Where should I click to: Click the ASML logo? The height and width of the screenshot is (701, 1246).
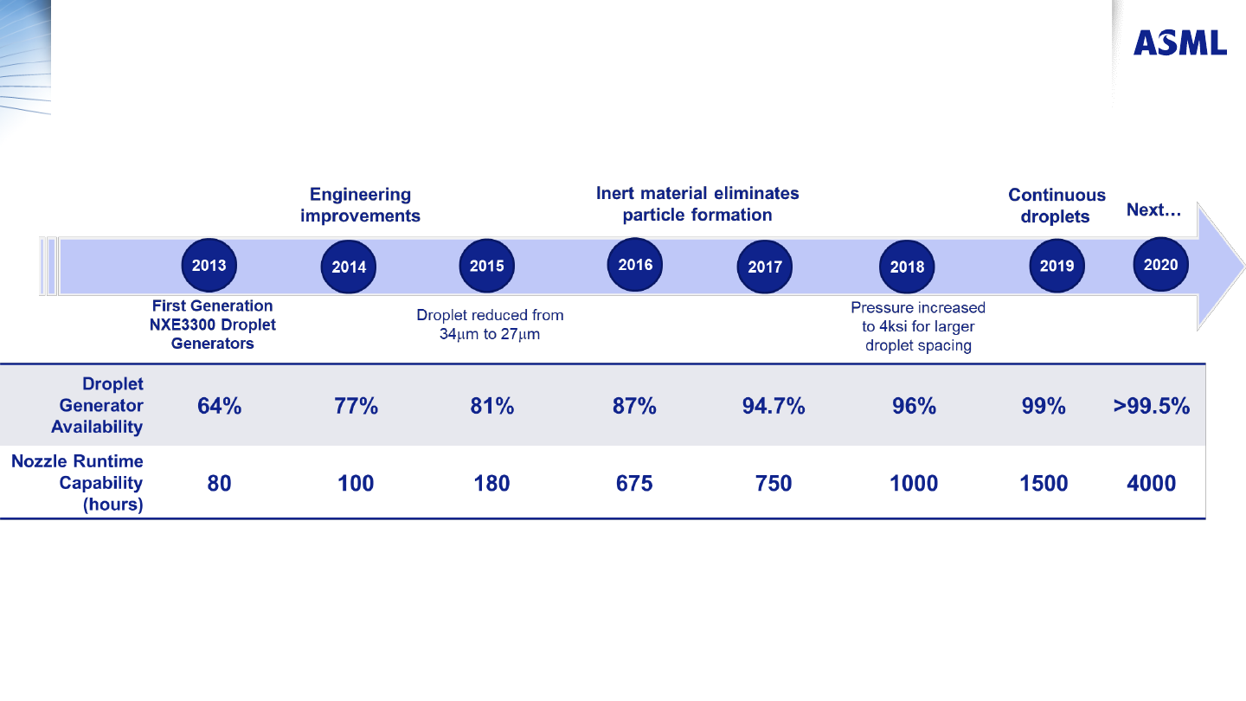(1180, 43)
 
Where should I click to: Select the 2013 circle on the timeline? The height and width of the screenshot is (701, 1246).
(209, 266)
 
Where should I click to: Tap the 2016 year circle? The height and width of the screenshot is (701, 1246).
(635, 265)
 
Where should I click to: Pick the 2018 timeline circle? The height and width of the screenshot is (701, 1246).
(907, 267)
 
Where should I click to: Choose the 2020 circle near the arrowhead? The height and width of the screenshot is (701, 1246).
(1161, 264)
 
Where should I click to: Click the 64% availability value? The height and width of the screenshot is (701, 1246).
(219, 406)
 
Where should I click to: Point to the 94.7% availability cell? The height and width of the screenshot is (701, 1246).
(774, 406)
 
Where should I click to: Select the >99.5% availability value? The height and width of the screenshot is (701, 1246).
(1152, 406)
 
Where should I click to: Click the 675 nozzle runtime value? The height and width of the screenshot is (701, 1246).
(634, 483)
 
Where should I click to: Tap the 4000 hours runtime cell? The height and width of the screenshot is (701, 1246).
(1152, 483)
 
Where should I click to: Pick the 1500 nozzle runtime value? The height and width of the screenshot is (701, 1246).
(1044, 483)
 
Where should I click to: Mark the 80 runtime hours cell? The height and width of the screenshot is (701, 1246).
(219, 483)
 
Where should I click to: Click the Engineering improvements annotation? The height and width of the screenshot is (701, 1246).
(361, 205)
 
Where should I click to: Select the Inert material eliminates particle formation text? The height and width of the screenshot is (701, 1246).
(697, 203)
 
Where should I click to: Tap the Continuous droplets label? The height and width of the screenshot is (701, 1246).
(1057, 205)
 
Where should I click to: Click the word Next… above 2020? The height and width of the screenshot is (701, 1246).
(1153, 209)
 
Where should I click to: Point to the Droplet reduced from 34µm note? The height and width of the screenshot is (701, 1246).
(490, 325)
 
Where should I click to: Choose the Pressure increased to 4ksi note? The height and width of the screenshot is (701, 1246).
(918, 326)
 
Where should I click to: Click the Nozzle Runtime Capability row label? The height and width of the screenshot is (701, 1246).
(77, 483)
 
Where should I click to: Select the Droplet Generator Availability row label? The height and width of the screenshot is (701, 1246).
(97, 405)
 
